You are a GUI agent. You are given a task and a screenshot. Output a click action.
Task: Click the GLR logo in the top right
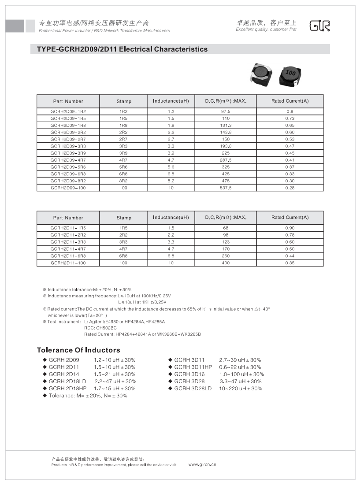319,26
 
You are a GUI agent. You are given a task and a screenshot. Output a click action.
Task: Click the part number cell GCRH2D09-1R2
68,111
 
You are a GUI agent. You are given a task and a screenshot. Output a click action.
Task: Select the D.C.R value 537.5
226,188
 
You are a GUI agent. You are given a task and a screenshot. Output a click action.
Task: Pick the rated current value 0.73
289,118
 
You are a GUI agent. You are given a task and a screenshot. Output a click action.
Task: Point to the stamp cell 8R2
123,181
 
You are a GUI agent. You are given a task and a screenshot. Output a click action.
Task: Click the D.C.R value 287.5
226,160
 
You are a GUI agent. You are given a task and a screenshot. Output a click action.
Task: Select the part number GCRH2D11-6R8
68,256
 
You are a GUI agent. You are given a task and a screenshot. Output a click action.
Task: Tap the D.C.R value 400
226,263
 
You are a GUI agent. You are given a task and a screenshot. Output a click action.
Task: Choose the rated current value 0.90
289,228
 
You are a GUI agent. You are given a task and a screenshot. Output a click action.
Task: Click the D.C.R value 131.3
226,126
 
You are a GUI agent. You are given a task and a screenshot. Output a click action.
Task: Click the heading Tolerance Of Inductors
78,350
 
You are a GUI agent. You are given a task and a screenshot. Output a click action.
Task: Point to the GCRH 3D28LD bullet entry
193,389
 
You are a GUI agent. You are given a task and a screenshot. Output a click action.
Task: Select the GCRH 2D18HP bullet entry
67,389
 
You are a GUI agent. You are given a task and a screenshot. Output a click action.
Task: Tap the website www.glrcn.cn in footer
202,464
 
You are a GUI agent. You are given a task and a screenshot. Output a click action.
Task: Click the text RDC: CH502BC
100,328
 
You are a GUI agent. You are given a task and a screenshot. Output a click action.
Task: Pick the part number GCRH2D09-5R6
68,167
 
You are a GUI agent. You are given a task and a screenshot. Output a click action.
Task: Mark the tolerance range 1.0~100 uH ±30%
241,374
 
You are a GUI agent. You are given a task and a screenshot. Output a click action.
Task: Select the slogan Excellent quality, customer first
266,30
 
